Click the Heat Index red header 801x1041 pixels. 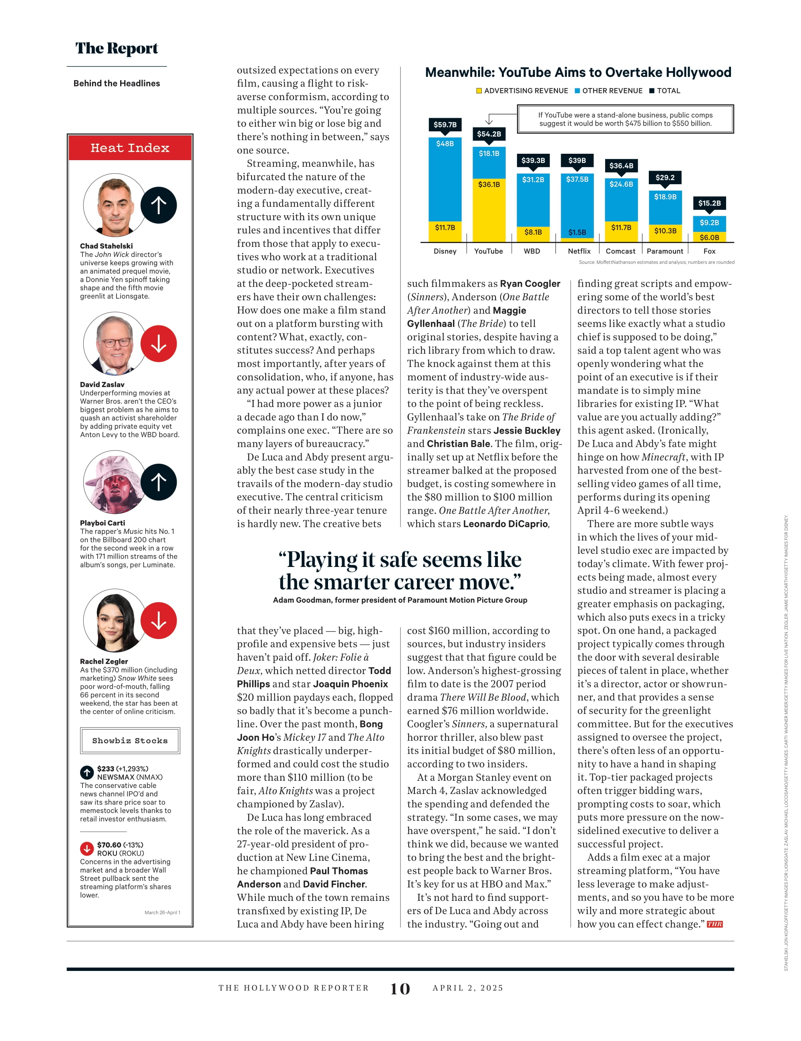pyautogui.click(x=130, y=148)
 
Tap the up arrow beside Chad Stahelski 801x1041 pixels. pyautogui.click(x=159, y=205)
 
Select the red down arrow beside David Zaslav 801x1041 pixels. pyautogui.click(x=159, y=344)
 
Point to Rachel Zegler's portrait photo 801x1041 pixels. pyautogui.click(x=115, y=620)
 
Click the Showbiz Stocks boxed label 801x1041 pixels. pyautogui.click(x=130, y=741)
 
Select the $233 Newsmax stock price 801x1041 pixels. pyautogui.click(x=106, y=769)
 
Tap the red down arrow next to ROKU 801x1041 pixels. pyautogui.click(x=87, y=849)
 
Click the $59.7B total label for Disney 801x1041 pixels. pyautogui.click(x=445, y=125)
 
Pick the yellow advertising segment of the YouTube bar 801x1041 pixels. pyautogui.click(x=489, y=210)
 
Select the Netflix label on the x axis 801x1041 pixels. pyautogui.click(x=579, y=251)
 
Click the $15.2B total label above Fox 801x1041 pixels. pyautogui.click(x=709, y=203)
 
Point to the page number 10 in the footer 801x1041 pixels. pyautogui.click(x=400, y=989)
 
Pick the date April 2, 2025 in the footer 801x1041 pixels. pyautogui.click(x=468, y=988)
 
